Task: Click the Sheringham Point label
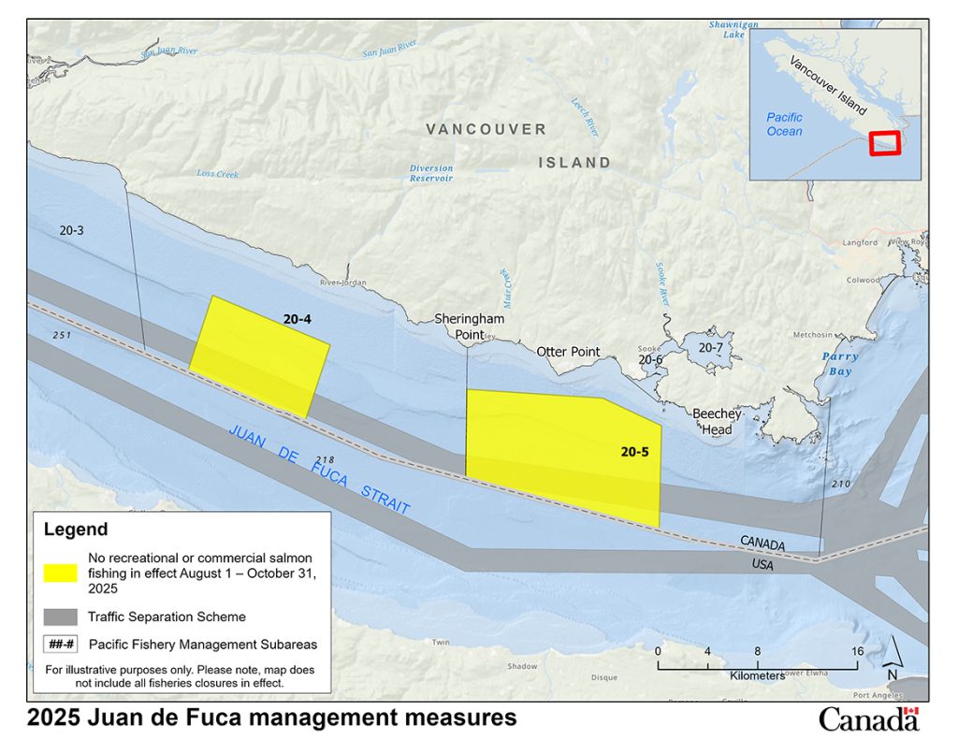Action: [470, 326]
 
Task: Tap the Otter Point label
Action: [567, 352]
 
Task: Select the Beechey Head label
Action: [718, 421]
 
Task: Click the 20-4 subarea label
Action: [297, 320]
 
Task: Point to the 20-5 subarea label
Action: [634, 452]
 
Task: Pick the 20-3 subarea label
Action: [72, 229]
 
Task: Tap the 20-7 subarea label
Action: [711, 347]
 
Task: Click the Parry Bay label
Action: [839, 363]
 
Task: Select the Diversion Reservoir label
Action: [431, 173]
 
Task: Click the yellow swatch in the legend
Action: [60, 572]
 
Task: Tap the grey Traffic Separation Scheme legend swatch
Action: [60, 617]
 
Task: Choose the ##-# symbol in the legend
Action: [60, 644]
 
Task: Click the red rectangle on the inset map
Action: [884, 143]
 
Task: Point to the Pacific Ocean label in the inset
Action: [784, 124]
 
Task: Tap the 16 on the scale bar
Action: [857, 651]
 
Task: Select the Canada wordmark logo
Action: [869, 718]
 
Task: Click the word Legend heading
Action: [76, 530]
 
